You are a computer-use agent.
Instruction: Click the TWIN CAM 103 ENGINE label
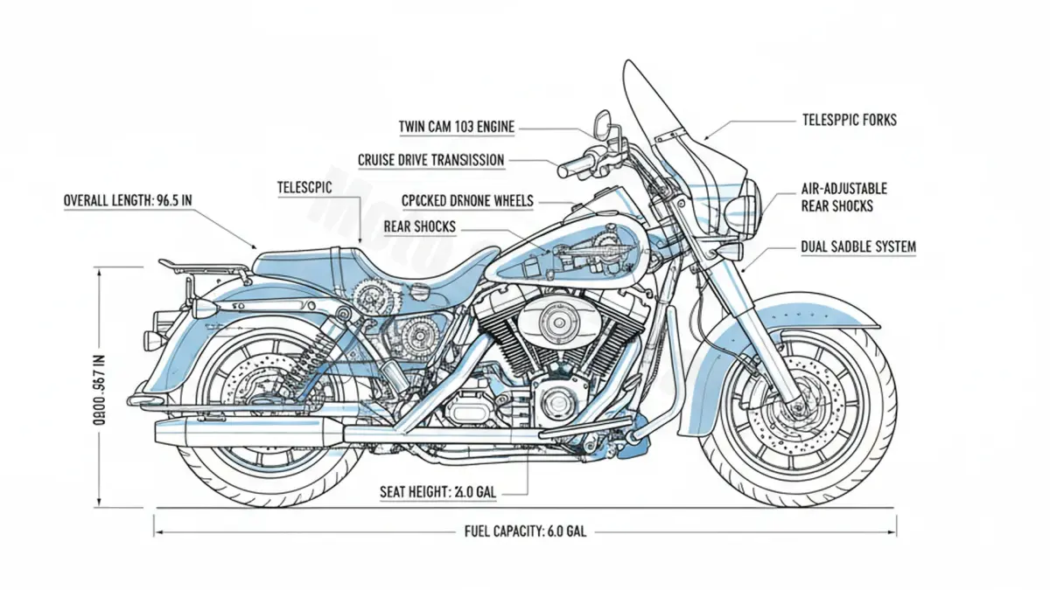[457, 128]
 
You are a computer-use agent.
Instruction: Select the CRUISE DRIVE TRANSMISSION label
[430, 160]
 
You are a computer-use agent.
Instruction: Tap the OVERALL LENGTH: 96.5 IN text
[128, 200]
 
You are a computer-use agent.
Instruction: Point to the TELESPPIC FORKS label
[849, 120]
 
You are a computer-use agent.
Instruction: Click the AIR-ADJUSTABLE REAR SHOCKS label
[843, 198]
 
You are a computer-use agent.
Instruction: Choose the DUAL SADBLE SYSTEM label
[858, 247]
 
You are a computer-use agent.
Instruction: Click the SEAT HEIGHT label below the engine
[438, 493]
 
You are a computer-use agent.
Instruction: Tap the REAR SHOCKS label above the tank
[420, 227]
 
